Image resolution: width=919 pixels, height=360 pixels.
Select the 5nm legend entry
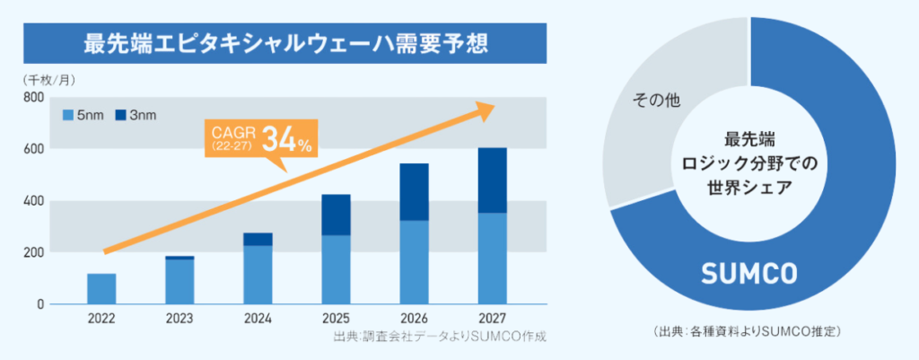pos(85,115)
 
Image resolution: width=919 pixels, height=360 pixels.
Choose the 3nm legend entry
pos(139,115)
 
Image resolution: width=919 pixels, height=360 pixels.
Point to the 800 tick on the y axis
pos(33,97)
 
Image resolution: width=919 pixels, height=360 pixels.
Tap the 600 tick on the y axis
pos(33,148)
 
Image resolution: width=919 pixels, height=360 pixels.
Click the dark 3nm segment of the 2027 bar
pos(492,180)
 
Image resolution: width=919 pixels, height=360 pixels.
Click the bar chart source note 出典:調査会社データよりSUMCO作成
pos(439,338)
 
